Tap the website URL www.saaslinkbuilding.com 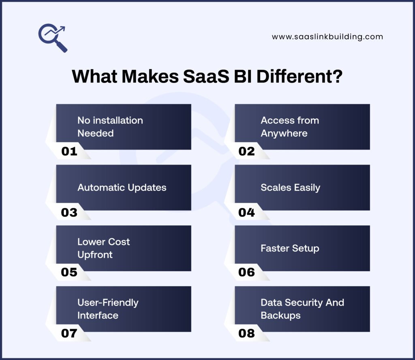click(x=327, y=36)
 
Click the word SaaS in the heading click(x=205, y=77)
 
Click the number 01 click(x=69, y=152)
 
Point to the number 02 click(x=246, y=152)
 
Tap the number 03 click(x=69, y=212)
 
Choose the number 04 click(x=246, y=212)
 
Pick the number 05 click(x=69, y=272)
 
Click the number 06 click(x=246, y=272)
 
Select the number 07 click(x=69, y=334)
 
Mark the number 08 click(x=246, y=334)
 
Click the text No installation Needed click(x=110, y=126)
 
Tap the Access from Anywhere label click(x=289, y=126)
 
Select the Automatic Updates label click(x=122, y=187)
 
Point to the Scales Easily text click(x=290, y=187)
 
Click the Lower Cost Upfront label click(x=103, y=248)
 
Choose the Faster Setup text click(x=290, y=248)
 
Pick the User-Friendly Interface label click(x=108, y=309)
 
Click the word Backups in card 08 click(x=280, y=315)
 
